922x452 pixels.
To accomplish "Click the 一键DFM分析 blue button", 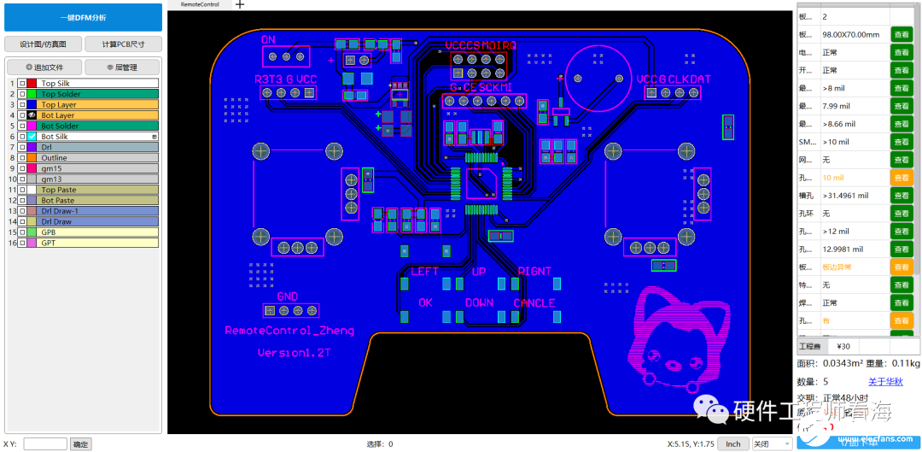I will tap(83, 16).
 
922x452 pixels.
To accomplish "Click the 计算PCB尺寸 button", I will tap(123, 44).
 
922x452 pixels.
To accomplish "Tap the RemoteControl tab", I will tap(199, 4).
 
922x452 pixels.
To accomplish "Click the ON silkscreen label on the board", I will tap(268, 39).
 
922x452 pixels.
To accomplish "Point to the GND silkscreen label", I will tap(287, 296).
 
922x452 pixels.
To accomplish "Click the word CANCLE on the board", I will tap(534, 302).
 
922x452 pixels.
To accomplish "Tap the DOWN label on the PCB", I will tap(479, 302).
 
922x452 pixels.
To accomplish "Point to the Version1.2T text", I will tap(295, 352).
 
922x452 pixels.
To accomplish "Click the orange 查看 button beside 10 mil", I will tap(902, 178).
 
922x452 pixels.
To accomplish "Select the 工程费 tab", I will tap(810, 346).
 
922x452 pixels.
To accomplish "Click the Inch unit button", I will tap(732, 443).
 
